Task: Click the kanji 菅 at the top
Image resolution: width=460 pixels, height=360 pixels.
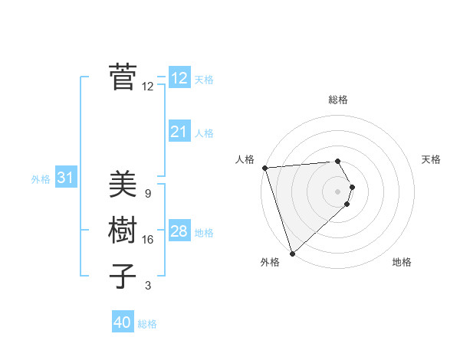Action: (x=123, y=77)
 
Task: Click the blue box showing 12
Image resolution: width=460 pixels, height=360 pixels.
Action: (x=179, y=78)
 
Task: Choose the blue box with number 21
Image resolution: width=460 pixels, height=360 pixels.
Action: (x=179, y=132)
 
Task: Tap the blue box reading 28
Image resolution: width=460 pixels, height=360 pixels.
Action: (x=179, y=231)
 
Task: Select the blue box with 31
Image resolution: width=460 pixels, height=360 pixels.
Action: (x=65, y=178)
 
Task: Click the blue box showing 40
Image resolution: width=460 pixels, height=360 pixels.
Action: (x=122, y=322)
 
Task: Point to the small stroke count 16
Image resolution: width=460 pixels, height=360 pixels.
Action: (x=148, y=240)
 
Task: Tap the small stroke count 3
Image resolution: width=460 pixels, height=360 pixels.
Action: (x=148, y=286)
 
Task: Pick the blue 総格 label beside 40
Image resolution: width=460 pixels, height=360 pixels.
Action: (x=148, y=324)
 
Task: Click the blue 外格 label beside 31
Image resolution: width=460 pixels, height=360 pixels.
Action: (x=41, y=179)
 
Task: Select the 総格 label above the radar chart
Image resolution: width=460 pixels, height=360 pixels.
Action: (x=338, y=100)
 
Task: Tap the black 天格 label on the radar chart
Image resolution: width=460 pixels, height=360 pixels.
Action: (x=432, y=159)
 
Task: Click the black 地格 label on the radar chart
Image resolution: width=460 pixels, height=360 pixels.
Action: (x=402, y=262)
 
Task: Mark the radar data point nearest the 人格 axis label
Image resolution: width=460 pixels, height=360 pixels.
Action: (x=264, y=168)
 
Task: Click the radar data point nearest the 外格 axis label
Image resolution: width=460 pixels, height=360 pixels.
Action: (x=292, y=253)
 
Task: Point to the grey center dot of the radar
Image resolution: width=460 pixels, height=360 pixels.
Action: (x=338, y=191)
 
